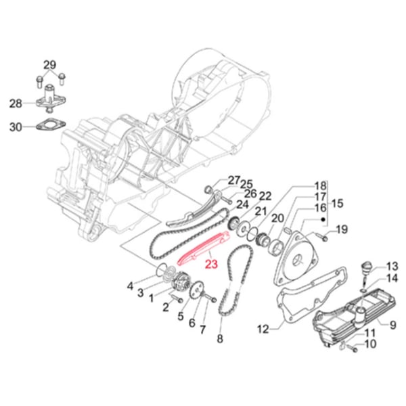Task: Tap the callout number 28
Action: [x=16, y=104]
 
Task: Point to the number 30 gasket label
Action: [x=16, y=127]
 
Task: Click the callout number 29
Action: [x=49, y=65]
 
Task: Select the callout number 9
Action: [x=391, y=325]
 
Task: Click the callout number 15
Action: [x=338, y=203]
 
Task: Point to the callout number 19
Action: [x=342, y=230]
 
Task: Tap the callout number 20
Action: [x=276, y=218]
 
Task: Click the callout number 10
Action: [x=369, y=344]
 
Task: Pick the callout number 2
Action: [x=164, y=308]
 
